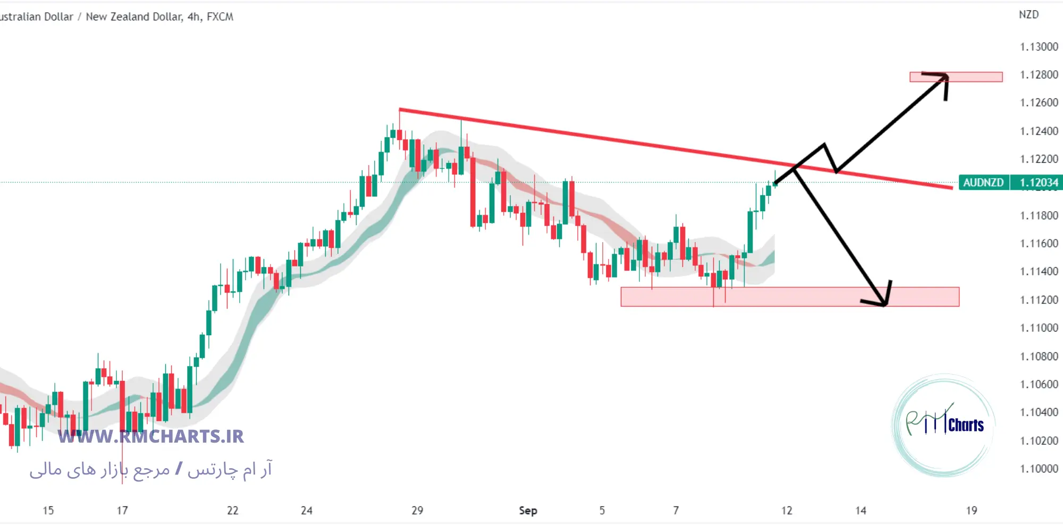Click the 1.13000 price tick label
pos(1039,47)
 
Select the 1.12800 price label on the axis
pos(1039,74)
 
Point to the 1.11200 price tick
pos(1039,300)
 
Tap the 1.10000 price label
pos(1039,469)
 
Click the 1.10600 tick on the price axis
pos(1039,384)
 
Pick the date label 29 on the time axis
pos(417,510)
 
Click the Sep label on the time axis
pos(528,510)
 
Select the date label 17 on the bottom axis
pos(122,510)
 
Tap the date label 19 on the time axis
pos(972,510)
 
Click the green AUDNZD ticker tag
pos(983,182)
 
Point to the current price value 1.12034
pos(1039,182)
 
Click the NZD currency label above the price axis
pos(1028,14)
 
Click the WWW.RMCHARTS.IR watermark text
pos(150,436)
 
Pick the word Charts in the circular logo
pos(966,425)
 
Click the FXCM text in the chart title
pos(220,16)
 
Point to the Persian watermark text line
pos(150,469)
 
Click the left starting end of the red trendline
pos(400,110)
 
